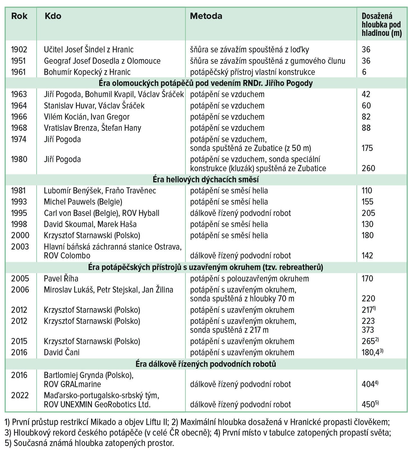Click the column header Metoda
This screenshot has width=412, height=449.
point(206,16)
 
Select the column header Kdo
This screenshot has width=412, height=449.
point(53,16)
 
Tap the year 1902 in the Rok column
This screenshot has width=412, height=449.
point(19,50)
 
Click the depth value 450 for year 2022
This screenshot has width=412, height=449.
point(368,404)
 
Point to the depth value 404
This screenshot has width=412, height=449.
point(368,384)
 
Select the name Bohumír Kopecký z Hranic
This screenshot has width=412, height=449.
point(87,72)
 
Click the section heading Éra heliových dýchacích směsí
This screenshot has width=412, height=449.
point(206,179)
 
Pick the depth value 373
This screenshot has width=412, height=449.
point(368,330)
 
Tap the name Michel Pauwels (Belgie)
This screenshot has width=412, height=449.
point(83,202)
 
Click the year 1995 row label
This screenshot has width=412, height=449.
point(19,213)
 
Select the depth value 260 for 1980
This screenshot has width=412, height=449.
point(368,168)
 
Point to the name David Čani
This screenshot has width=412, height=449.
point(62,352)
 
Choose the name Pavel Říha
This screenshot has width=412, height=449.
point(61,279)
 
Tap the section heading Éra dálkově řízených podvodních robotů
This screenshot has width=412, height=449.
point(206,364)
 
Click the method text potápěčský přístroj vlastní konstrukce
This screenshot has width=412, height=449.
point(253,72)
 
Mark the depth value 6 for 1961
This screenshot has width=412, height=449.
point(364,72)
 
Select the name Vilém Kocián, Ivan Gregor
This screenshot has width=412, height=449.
point(87,117)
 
